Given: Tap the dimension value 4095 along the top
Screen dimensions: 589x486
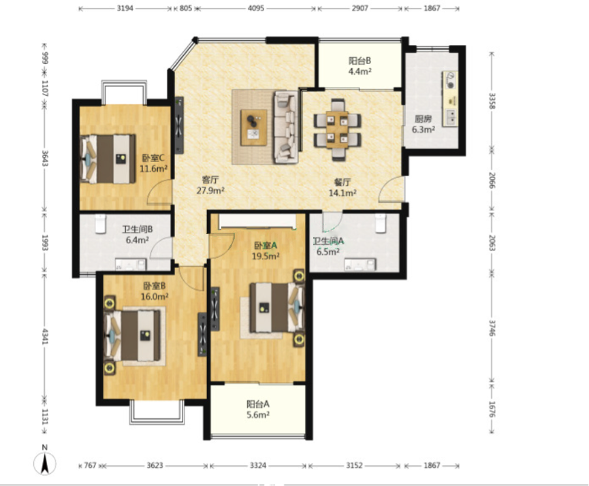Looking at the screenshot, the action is [x=256, y=8].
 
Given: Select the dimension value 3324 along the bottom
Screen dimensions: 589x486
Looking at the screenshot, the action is [x=258, y=466].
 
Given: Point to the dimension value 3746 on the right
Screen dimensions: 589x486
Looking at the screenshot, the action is [x=492, y=328].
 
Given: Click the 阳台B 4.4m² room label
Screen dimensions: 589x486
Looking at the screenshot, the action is [x=360, y=66].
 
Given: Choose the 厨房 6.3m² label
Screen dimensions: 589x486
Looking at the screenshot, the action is [x=424, y=125].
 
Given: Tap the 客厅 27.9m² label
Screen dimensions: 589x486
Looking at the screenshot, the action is [x=210, y=184].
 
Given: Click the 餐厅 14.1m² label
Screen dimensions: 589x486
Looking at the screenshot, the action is [x=343, y=187].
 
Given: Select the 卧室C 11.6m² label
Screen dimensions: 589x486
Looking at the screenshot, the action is [x=153, y=163].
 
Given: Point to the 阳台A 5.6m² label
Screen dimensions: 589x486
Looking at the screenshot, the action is [x=258, y=409].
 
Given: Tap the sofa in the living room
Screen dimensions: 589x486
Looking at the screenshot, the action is [x=286, y=127].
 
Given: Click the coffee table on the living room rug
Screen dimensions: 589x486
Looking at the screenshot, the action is [x=254, y=127].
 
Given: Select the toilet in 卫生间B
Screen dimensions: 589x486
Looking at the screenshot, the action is [x=100, y=224].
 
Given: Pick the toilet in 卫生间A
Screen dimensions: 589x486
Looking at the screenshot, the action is [x=381, y=223].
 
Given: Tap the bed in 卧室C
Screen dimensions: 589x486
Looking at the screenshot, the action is [x=108, y=159].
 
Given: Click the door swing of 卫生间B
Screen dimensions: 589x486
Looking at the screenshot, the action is [x=161, y=248].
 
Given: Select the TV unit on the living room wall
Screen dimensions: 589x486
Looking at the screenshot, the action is [x=179, y=125].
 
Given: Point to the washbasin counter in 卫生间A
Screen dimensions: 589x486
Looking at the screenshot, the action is [x=360, y=264].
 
